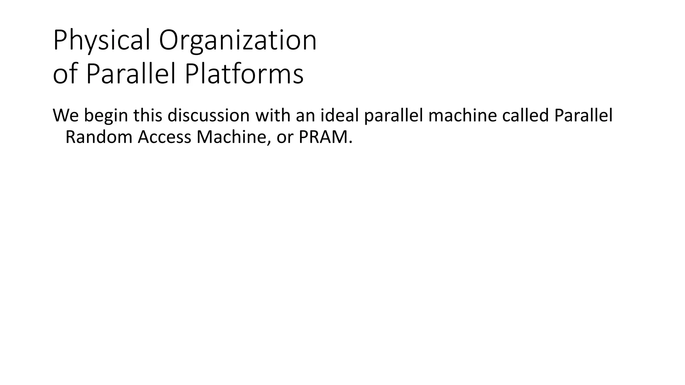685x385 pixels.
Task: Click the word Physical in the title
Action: point(102,41)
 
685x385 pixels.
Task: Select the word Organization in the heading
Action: point(237,41)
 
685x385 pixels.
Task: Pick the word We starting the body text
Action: point(66,115)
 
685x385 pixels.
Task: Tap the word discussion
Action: point(208,115)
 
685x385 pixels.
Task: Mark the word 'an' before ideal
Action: point(305,116)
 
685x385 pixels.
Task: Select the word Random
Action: point(99,137)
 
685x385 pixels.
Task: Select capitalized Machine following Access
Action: point(234,137)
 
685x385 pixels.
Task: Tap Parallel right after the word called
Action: point(583,115)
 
